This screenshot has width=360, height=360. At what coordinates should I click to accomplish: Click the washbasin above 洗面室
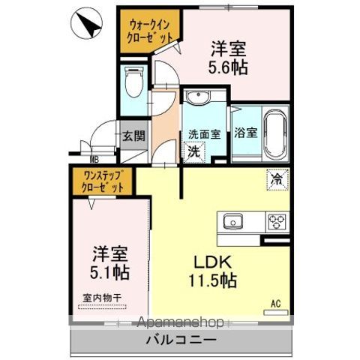coord(199,99)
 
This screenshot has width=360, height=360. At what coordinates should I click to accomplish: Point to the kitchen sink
coord(230,221)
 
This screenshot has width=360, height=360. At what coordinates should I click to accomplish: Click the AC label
coord(275,304)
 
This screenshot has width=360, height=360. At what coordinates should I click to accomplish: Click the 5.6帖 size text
coord(229,66)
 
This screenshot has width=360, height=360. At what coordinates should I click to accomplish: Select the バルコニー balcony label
coord(181,339)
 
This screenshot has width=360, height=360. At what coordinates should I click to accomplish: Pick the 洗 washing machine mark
coord(193,150)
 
